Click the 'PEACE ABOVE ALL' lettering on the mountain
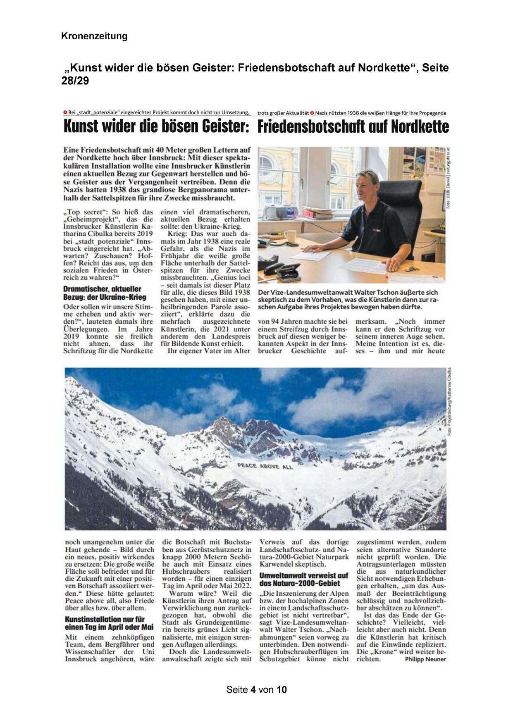click(x=265, y=466)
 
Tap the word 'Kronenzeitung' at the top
click(x=94, y=36)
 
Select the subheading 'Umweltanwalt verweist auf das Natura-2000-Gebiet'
click(x=304, y=579)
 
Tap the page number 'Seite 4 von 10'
click(x=256, y=689)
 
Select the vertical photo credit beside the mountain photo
click(x=450, y=401)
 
